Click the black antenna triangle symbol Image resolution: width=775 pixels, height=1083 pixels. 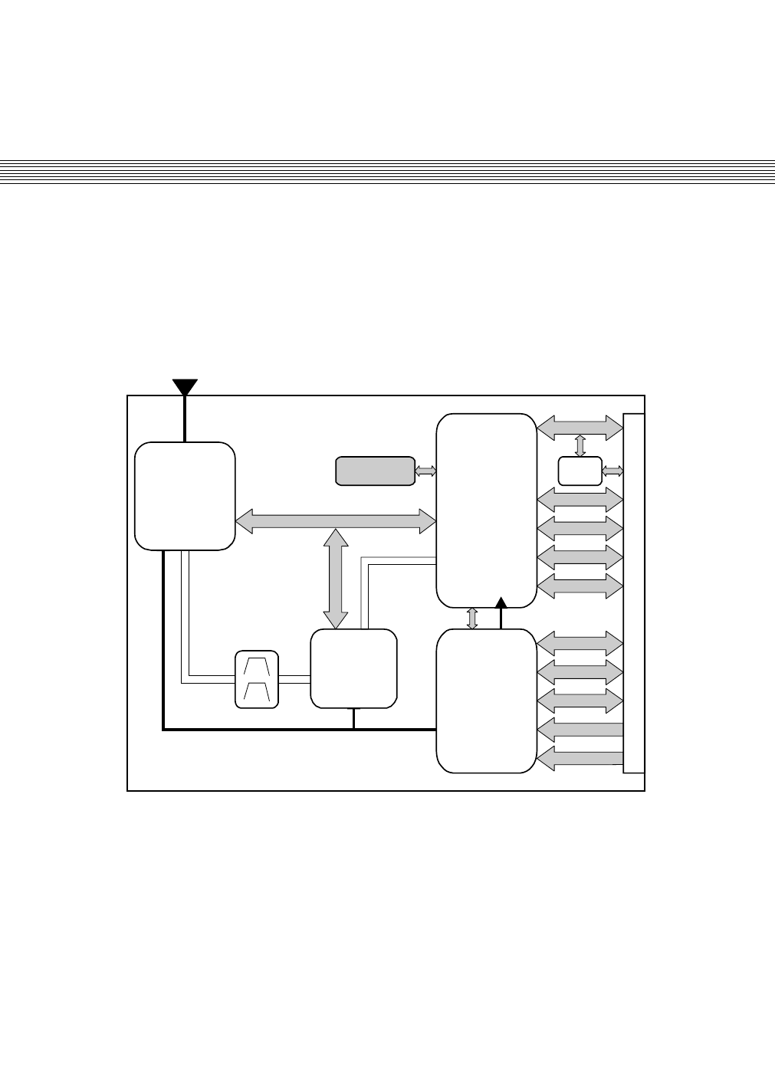coord(185,386)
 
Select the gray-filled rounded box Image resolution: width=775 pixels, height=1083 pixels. coord(375,471)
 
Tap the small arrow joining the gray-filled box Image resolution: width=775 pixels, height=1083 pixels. coord(425,471)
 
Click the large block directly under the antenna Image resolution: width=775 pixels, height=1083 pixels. coord(185,496)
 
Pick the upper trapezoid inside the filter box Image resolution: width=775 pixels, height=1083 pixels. coord(256,665)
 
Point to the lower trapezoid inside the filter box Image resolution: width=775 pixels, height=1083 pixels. coord(256,692)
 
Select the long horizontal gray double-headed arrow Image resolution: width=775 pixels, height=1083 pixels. coord(335,521)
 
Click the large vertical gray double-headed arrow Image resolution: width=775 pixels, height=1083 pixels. coord(335,579)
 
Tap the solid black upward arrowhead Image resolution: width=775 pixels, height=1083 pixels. coord(501,602)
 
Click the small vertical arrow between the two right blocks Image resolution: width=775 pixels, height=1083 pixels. coord(472,618)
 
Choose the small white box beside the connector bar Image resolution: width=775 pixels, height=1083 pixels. coord(580,471)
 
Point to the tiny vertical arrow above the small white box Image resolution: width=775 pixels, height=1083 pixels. coord(580,445)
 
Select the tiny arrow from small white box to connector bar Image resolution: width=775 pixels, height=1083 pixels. coord(613,470)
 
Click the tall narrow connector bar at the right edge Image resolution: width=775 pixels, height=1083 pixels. coord(634,593)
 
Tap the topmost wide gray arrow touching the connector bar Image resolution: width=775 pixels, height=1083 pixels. coord(580,428)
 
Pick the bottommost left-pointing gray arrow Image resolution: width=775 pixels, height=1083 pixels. coord(580,758)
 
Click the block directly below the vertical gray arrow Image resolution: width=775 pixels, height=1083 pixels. coord(353,668)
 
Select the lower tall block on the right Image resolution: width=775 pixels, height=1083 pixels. coord(486,701)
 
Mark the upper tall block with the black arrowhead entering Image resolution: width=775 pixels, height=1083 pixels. coord(486,510)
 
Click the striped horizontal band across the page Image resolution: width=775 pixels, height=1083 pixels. coord(387,171)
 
